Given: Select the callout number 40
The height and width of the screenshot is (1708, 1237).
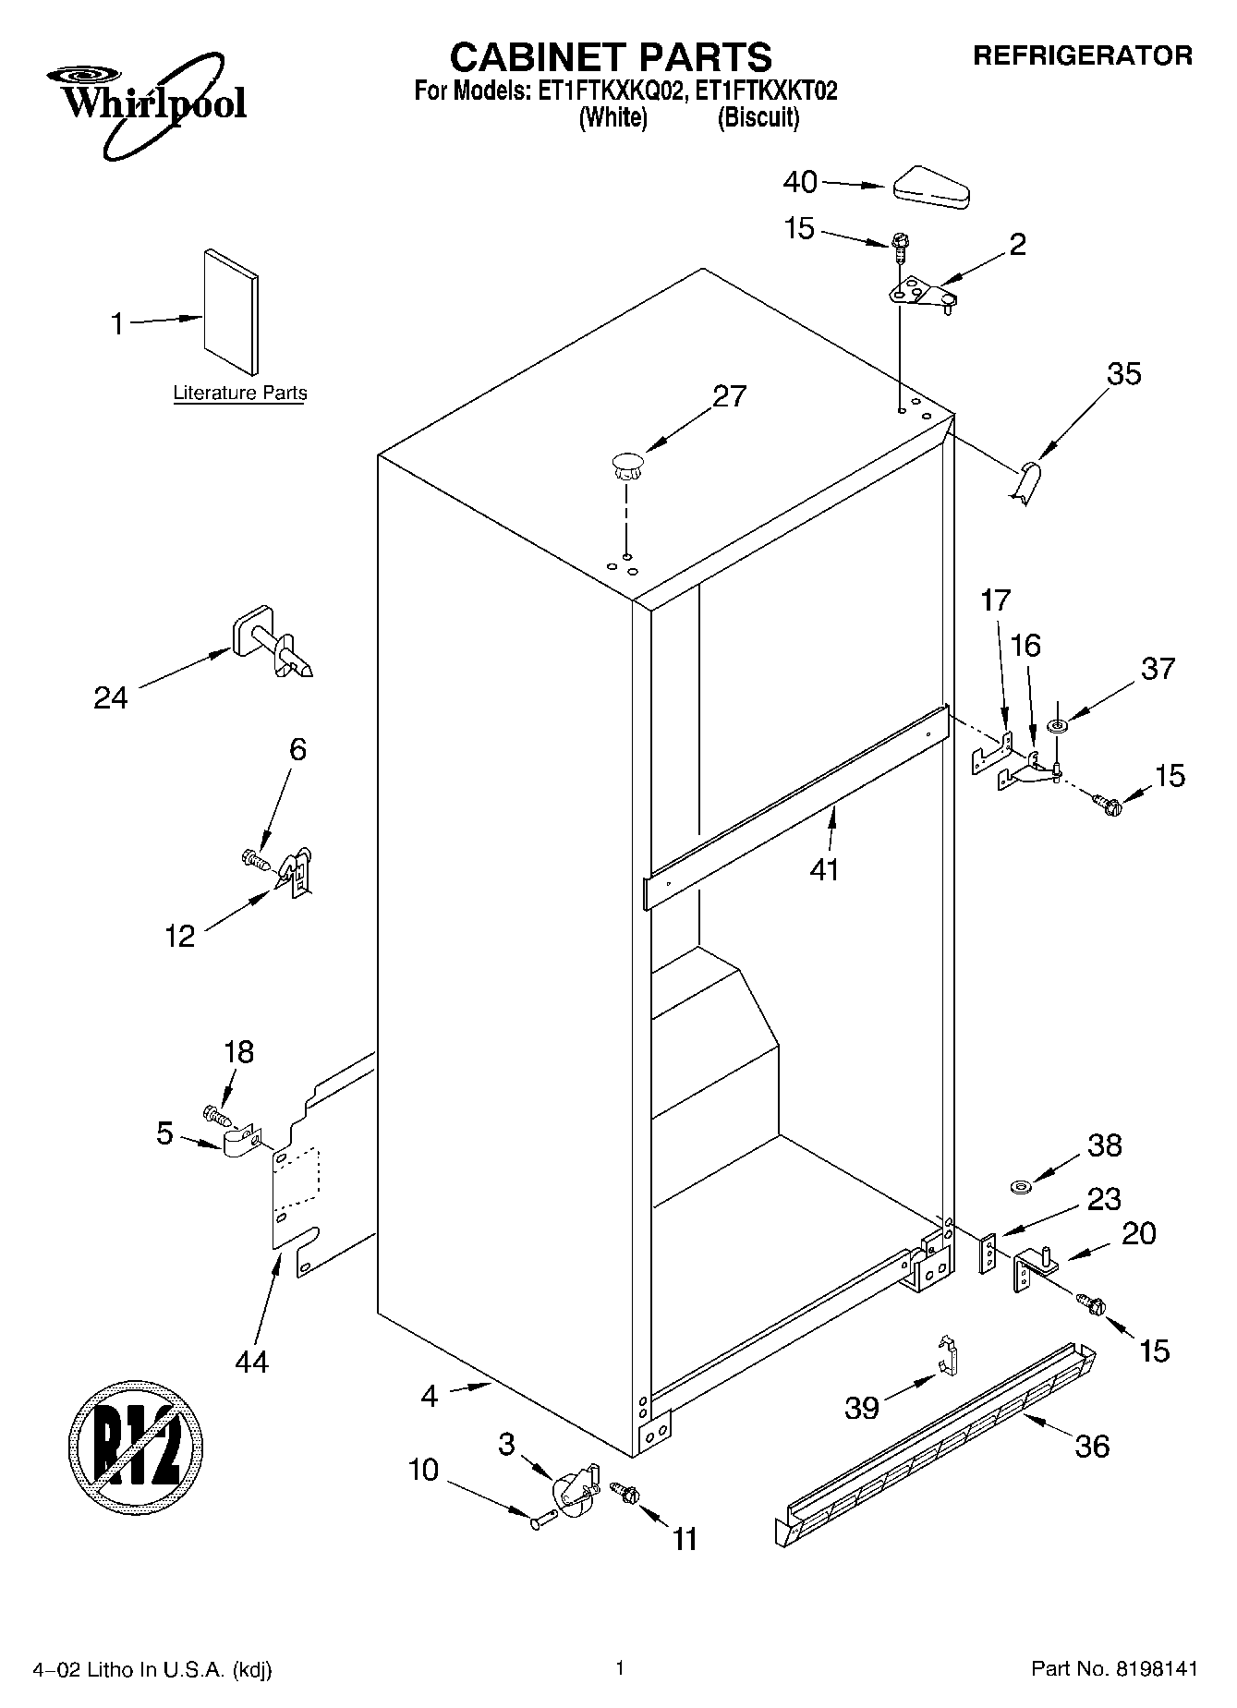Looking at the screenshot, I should [800, 183].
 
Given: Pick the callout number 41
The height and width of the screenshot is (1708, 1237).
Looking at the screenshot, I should [824, 869].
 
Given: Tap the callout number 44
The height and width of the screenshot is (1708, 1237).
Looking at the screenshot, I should [252, 1361].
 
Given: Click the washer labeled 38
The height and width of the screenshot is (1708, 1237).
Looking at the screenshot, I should [1021, 1185].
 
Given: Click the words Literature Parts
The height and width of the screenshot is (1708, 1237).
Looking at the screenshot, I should [240, 394].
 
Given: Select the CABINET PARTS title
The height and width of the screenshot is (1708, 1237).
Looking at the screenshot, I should [611, 57].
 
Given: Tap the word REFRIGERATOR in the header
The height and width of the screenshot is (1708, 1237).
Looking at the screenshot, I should [1083, 56].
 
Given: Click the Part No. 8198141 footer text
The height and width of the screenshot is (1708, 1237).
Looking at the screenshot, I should [1114, 1668].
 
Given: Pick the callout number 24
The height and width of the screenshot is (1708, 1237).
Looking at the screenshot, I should [111, 697].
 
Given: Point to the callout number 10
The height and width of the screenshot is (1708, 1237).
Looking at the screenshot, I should [424, 1469].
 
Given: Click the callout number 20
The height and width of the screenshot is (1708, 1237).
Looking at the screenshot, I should [1138, 1234].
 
